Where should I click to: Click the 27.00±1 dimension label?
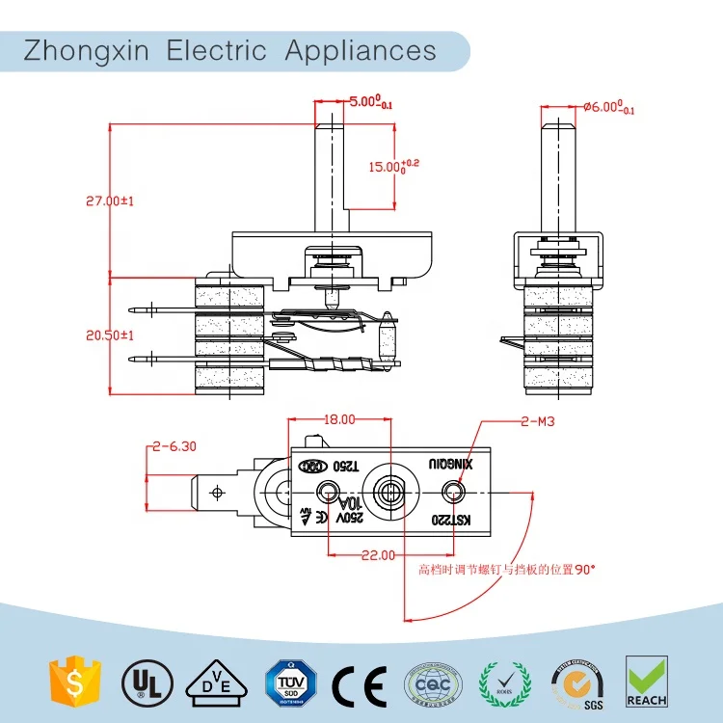point(109,201)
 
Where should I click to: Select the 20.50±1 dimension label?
point(109,335)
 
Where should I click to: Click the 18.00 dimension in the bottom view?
point(338,420)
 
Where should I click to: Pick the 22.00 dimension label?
point(378,554)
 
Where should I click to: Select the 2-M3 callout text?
point(537,420)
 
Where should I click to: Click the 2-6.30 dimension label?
point(174,445)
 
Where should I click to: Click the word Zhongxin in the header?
point(87,50)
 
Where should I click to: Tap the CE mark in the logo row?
point(359,683)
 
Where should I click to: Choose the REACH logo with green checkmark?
point(646,681)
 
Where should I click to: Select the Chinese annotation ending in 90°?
point(506,569)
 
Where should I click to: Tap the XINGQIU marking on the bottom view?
point(450,465)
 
